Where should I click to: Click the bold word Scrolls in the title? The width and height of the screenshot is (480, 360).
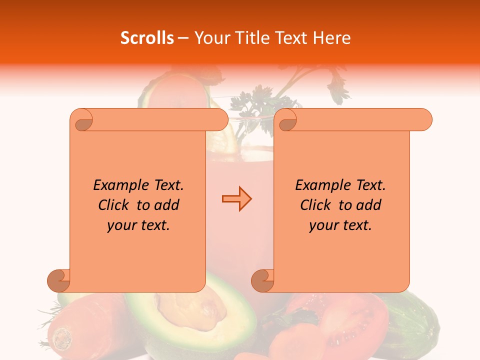coord(147,38)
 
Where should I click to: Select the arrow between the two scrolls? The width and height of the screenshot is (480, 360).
coord(236,198)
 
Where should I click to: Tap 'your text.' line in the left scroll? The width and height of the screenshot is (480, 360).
coord(138,225)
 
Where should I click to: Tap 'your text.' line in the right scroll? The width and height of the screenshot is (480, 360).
coord(340,225)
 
